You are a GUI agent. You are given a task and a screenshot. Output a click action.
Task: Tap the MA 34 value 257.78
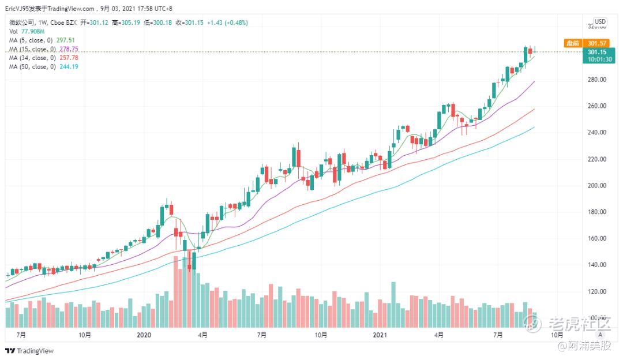tap(69, 58)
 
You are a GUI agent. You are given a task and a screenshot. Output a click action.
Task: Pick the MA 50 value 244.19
tap(69, 66)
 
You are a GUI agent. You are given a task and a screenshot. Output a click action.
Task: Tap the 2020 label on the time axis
tap(144, 335)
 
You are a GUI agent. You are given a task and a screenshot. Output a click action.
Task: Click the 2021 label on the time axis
tap(380, 335)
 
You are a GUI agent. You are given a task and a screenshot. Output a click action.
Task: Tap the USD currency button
tap(600, 21)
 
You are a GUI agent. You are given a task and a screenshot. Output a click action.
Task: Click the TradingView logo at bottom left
tap(29, 351)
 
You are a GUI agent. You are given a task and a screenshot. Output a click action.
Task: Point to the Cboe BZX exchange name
tap(63, 22)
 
